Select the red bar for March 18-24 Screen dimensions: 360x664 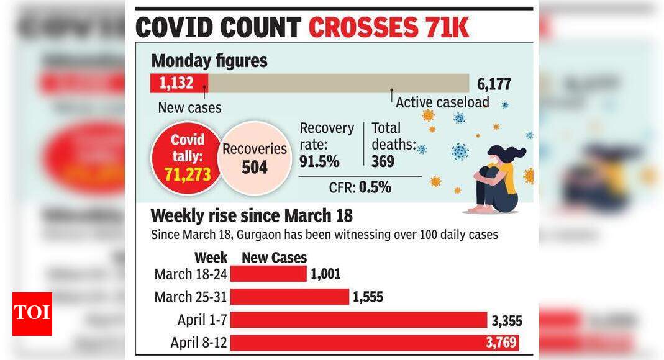point(268,274)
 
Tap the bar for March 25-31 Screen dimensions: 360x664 point(289,297)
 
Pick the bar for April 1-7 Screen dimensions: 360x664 point(358,320)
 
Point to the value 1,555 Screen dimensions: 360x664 point(368,297)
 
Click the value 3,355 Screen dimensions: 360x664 point(507,320)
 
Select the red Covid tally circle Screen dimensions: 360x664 point(188,158)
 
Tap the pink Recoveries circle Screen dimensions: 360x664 point(254,158)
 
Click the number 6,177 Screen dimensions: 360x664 point(494,84)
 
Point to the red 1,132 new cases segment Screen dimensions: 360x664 point(179,83)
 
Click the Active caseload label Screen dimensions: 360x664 point(442,102)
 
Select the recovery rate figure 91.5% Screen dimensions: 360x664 point(319,161)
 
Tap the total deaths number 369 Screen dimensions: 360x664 point(384,161)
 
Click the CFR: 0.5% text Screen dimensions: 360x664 point(360,187)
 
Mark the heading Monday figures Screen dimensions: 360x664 point(209,61)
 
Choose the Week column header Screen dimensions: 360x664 point(211,258)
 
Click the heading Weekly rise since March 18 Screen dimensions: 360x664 point(252,215)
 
